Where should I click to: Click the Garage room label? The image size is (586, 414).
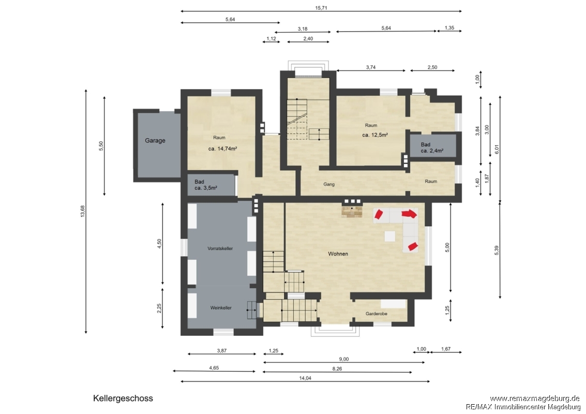pyautogui.click(x=155, y=141)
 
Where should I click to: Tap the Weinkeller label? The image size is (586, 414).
pyautogui.click(x=220, y=308)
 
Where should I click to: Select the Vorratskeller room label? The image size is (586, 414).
pyautogui.click(x=220, y=248)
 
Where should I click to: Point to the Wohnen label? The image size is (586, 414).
pyautogui.click(x=338, y=254)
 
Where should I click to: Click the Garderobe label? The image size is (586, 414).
pyautogui.click(x=377, y=314)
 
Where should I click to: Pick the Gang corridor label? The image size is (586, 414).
pyautogui.click(x=329, y=184)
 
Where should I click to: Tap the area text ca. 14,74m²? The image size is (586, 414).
pyautogui.click(x=223, y=149)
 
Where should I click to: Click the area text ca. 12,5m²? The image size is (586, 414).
pyautogui.click(x=375, y=135)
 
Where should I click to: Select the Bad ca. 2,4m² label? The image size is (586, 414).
pyautogui.click(x=432, y=147)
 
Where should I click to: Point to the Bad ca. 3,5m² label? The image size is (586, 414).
pyautogui.click(x=205, y=185)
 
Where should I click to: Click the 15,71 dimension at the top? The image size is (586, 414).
pyautogui.click(x=321, y=7)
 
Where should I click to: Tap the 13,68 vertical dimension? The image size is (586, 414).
pyautogui.click(x=83, y=211)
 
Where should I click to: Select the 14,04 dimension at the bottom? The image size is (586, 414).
pyautogui.click(x=305, y=378)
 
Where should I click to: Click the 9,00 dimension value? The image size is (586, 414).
pyautogui.click(x=344, y=359)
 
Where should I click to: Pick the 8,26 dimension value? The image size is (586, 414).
pyautogui.click(x=337, y=369)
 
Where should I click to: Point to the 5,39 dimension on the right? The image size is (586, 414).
pyautogui.click(x=497, y=250)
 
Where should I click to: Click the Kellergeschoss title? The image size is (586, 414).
pyautogui.click(x=123, y=398)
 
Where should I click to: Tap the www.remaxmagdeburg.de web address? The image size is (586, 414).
pyautogui.click(x=534, y=398)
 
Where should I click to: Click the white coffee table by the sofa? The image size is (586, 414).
pyautogui.click(x=390, y=236)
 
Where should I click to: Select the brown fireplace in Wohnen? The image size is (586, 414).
pyautogui.click(x=352, y=211)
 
